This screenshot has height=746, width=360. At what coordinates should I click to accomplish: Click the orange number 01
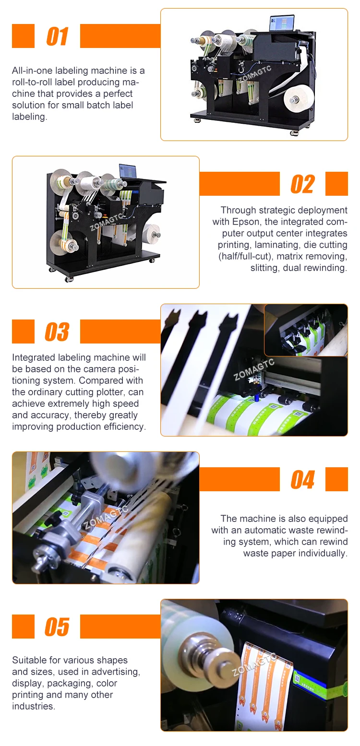coord(57,36)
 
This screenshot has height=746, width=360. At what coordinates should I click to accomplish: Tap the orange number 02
coord(303,184)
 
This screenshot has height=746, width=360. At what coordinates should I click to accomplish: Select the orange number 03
coord(57,332)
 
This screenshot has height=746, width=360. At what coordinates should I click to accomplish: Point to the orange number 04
coord(303,480)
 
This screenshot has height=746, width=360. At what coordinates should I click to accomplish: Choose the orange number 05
coord(57,627)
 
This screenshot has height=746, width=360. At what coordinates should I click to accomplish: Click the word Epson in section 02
coord(246,222)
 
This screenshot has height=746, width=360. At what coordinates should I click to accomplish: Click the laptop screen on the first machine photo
coord(282,24)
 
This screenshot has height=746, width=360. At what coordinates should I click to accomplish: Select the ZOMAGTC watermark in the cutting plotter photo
coord(253,369)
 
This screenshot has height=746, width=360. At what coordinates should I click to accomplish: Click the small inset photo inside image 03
coord(306,330)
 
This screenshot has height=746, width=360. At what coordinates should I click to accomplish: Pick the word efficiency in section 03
coord(126,427)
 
